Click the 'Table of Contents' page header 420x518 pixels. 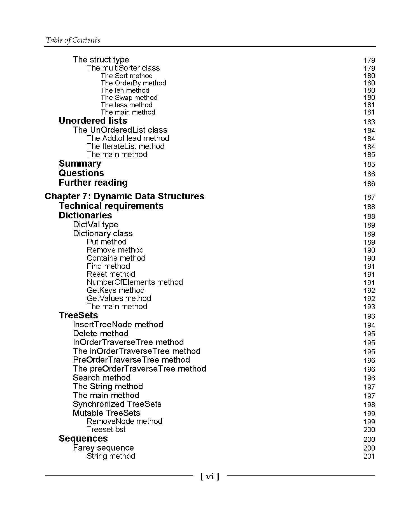[x=73, y=40]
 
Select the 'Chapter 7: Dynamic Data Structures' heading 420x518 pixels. [x=124, y=196]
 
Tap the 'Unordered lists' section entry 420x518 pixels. [x=93, y=121]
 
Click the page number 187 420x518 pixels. [x=369, y=197]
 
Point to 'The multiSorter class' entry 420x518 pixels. [x=123, y=68]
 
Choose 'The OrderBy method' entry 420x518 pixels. [x=133, y=83]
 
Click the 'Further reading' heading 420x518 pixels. [x=93, y=183]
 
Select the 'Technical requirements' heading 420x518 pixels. [x=111, y=206]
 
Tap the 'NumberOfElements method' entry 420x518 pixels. [x=135, y=282]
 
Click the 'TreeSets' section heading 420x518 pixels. [x=78, y=315]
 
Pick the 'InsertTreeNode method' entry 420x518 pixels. [x=118, y=325]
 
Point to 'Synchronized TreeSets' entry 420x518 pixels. [x=117, y=404]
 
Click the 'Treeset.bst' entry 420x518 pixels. [x=106, y=429]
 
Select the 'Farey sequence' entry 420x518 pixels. [x=103, y=448]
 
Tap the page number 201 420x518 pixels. [x=369, y=456]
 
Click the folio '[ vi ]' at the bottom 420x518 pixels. [x=210, y=476]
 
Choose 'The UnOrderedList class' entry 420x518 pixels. [x=120, y=130]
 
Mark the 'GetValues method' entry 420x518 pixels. [x=119, y=298]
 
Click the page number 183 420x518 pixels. [x=369, y=122]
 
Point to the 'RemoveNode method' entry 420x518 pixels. [x=124, y=421]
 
